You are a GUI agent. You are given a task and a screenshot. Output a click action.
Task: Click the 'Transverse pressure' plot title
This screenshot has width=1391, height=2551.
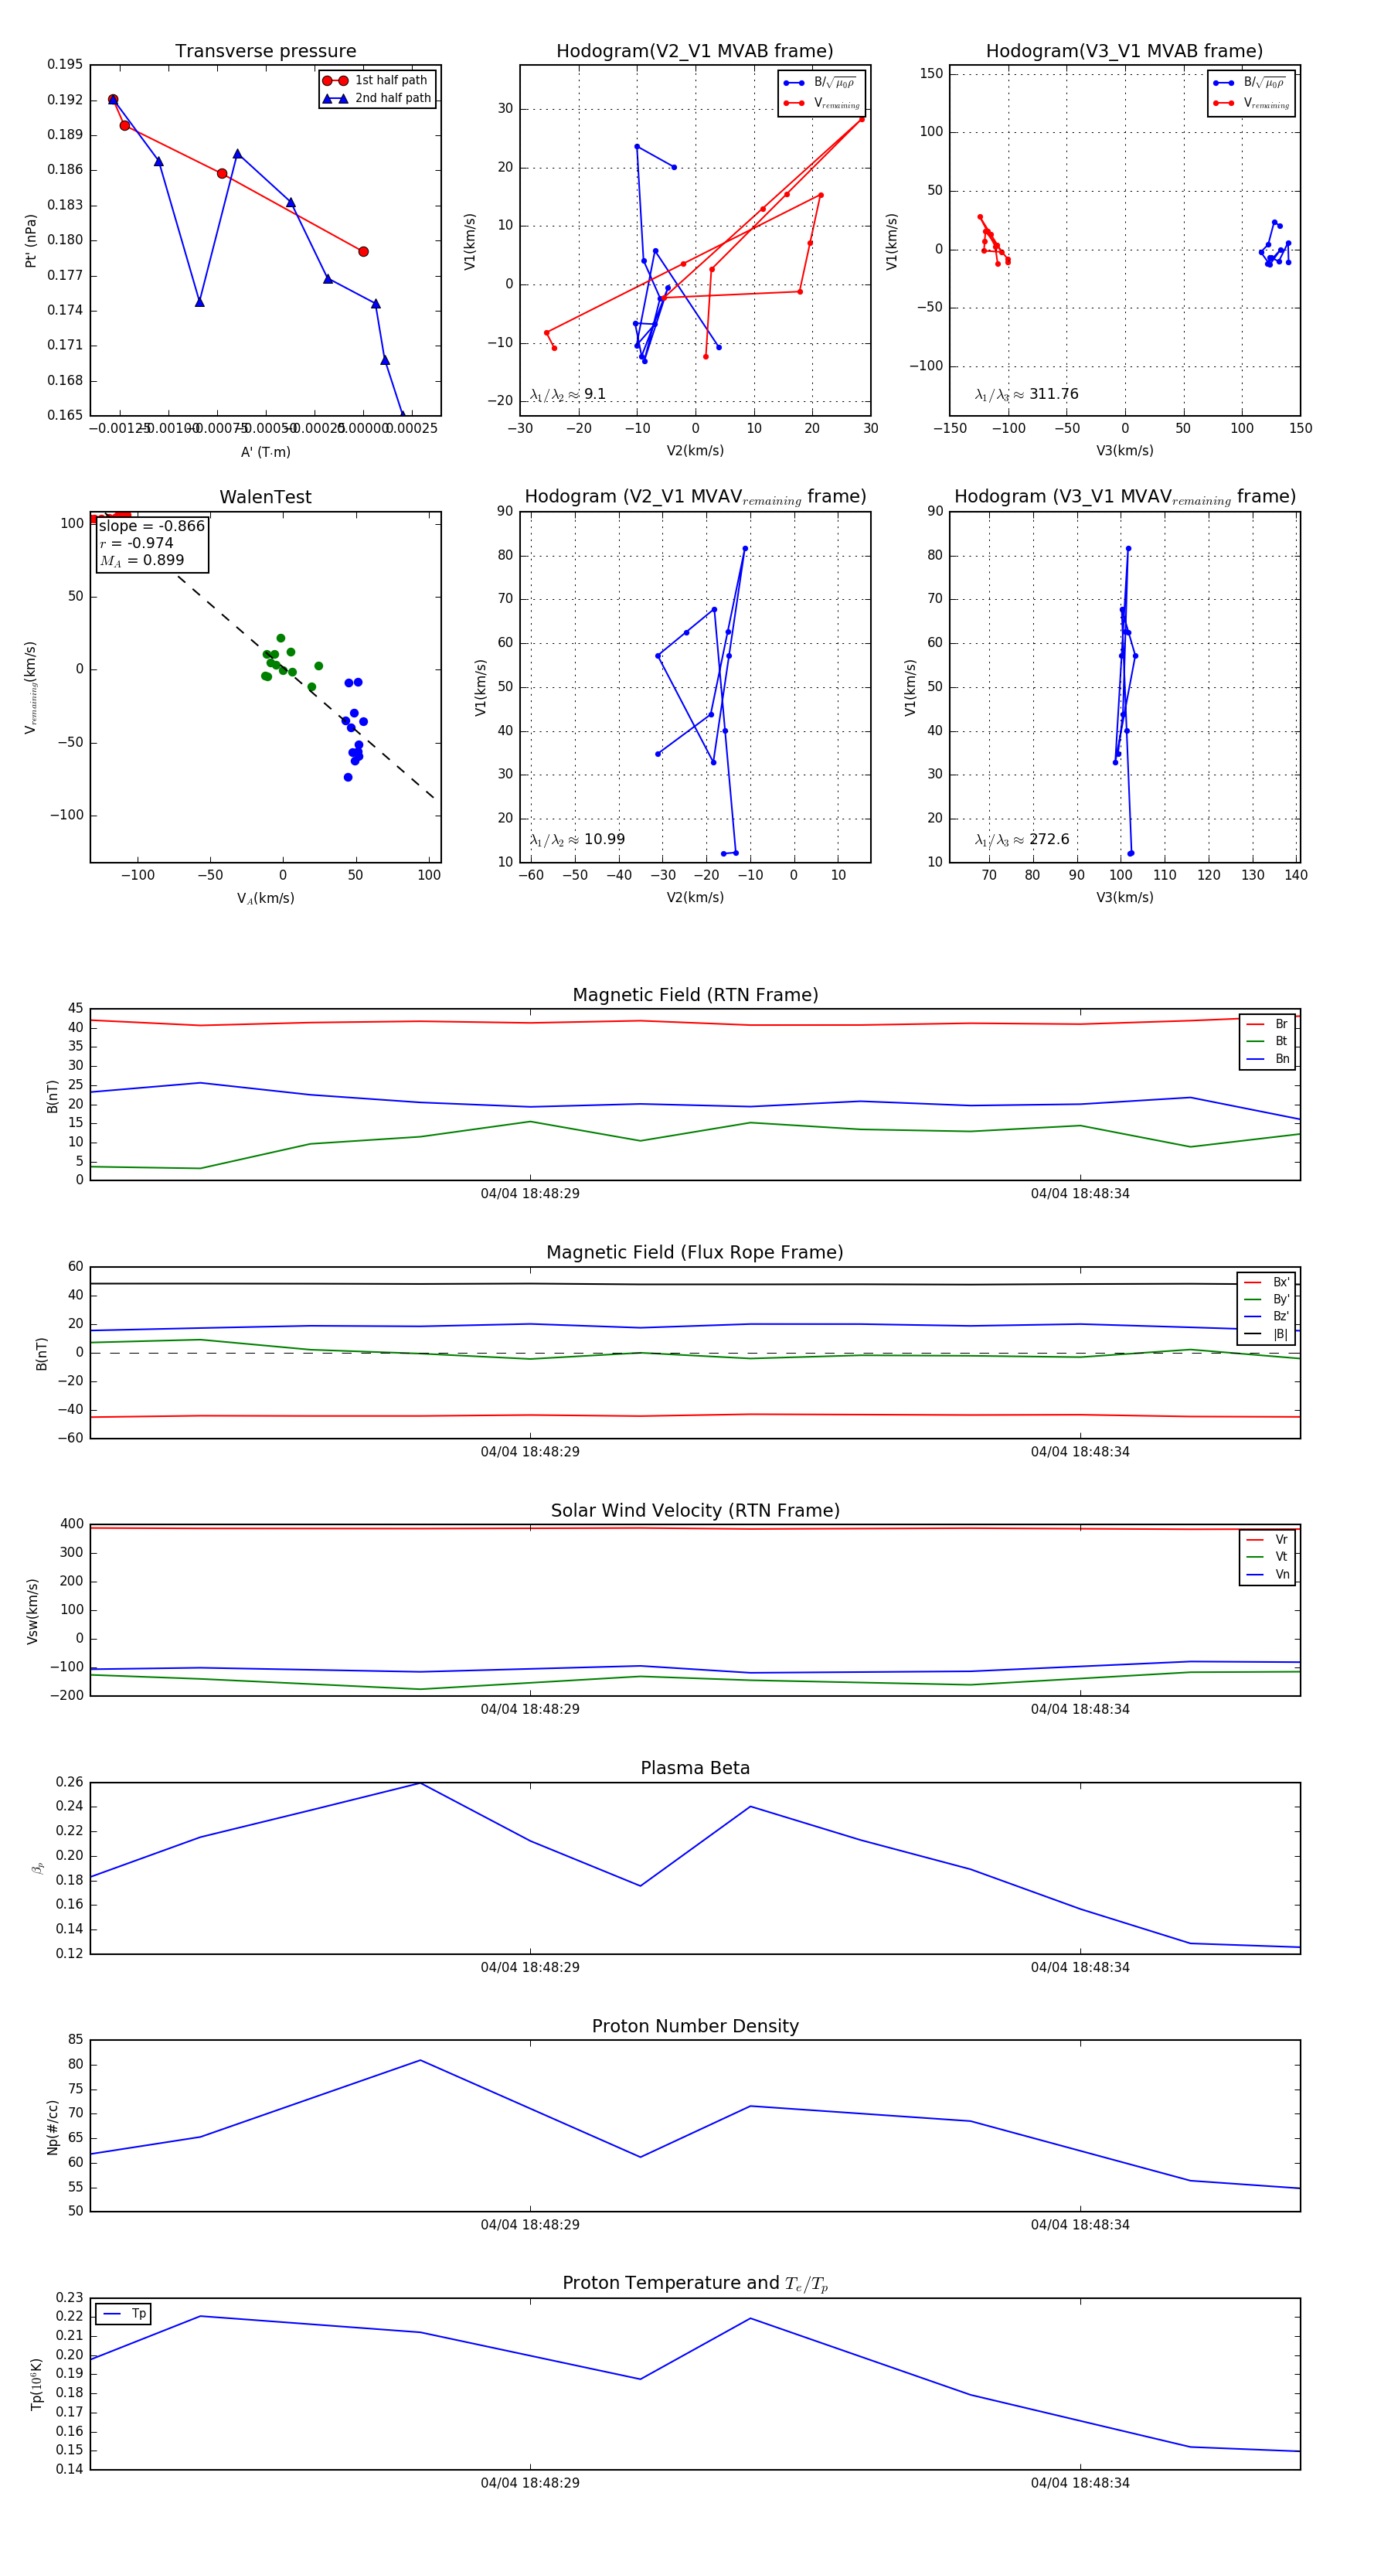click(x=265, y=52)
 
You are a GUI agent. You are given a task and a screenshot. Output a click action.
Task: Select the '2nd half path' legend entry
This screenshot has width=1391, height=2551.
click(x=392, y=98)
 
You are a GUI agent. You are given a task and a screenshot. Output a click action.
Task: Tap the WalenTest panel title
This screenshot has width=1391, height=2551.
click(x=265, y=497)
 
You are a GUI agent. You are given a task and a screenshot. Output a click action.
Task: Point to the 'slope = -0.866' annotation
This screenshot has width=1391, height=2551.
click(x=151, y=526)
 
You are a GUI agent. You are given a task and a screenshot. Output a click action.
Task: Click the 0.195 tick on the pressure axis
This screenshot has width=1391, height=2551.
click(x=66, y=64)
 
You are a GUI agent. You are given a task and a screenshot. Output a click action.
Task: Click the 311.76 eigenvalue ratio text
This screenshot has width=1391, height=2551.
click(x=1053, y=394)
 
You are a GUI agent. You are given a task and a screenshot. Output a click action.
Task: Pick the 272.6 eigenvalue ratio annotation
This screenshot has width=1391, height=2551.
click(x=1049, y=840)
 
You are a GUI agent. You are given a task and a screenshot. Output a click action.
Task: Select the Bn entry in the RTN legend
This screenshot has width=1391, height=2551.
click(x=1281, y=1058)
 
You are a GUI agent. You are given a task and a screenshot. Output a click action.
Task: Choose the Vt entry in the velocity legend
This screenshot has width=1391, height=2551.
click(x=1281, y=1557)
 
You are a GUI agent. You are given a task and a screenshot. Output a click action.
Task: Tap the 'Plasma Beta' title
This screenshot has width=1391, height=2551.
click(x=695, y=1769)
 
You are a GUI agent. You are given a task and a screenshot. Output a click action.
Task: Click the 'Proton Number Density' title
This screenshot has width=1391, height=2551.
click(x=695, y=2026)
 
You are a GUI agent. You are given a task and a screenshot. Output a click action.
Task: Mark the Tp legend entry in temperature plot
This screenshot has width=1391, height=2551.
click(x=138, y=2314)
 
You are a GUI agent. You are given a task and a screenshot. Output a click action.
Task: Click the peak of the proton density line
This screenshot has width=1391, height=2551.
click(x=420, y=2060)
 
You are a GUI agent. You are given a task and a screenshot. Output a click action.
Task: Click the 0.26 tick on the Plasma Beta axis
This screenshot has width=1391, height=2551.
click(x=70, y=1783)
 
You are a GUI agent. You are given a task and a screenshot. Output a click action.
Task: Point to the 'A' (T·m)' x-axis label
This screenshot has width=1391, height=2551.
click(x=265, y=452)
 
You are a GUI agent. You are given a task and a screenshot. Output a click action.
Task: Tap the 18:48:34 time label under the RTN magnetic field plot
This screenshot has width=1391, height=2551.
click(x=1079, y=1194)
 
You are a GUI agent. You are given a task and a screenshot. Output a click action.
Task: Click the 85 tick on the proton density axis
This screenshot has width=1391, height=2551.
click(x=75, y=2039)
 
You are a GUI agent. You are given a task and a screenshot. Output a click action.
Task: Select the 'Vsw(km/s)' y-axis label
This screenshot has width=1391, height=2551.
click(x=32, y=1611)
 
